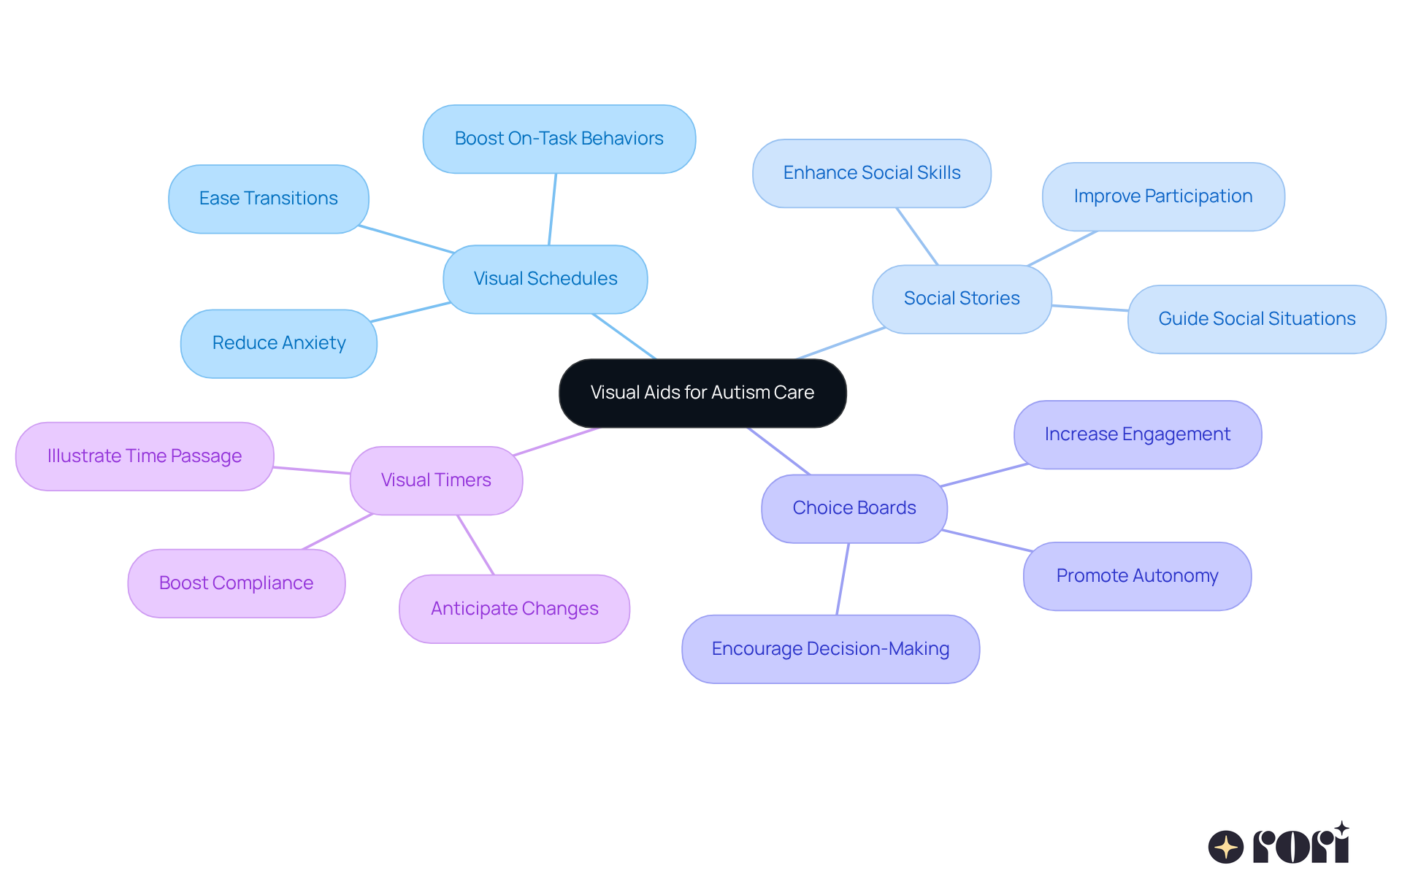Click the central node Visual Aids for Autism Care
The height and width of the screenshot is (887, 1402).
pyautogui.click(x=702, y=393)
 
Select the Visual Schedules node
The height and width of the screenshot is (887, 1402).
pyautogui.click(x=545, y=279)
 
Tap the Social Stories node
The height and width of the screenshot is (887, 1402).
pyautogui.click(x=962, y=299)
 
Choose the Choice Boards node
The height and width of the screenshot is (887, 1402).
pyautogui.click(x=854, y=508)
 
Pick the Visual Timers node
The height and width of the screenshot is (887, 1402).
pyautogui.click(x=436, y=480)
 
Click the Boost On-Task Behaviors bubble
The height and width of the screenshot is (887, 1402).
pyautogui.click(x=559, y=139)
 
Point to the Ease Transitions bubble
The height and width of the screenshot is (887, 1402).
pyautogui.click(x=268, y=199)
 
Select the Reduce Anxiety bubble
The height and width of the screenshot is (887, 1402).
pyautogui.click(x=278, y=343)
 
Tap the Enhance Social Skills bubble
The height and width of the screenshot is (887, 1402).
pyautogui.click(x=871, y=173)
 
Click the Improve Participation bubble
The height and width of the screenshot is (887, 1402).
pyautogui.click(x=1162, y=196)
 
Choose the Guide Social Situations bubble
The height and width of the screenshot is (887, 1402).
pyautogui.click(x=1256, y=319)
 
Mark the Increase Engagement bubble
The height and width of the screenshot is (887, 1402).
pyautogui.click(x=1137, y=434)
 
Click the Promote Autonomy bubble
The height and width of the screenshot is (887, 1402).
pyautogui.click(x=1137, y=576)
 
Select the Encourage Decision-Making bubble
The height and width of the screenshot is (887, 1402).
pyautogui.click(x=830, y=649)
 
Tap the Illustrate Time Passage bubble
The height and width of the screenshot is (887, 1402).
pyautogui.click(x=144, y=456)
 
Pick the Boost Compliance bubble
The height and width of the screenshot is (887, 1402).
pyautogui.click(x=236, y=583)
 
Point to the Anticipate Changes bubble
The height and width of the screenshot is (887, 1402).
pyautogui.click(x=514, y=609)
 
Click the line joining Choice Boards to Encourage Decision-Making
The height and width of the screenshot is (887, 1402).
pyautogui.click(x=843, y=579)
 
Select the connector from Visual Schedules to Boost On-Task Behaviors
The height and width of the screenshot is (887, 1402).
pyautogui.click(x=553, y=209)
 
